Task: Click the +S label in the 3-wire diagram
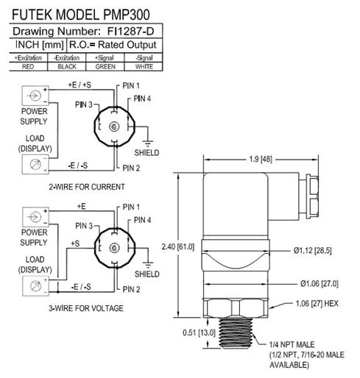pyautogui.click(x=74, y=242)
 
